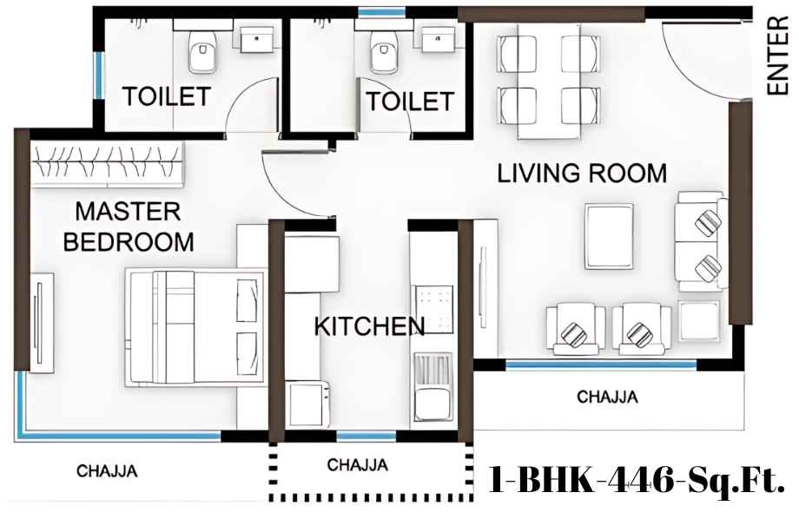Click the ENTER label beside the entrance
[x=778, y=56]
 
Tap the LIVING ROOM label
[x=582, y=173]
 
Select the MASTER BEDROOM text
[x=129, y=227]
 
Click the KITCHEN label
[x=369, y=325]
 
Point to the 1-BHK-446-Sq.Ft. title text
[x=637, y=480]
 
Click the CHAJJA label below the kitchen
[x=358, y=465]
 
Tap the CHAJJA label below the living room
[x=607, y=397]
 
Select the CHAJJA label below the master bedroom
[x=107, y=471]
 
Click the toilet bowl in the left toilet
[x=201, y=51]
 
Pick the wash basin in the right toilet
[x=439, y=39]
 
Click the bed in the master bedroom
[x=196, y=327]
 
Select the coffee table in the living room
[x=610, y=236]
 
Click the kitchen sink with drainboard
[x=433, y=386]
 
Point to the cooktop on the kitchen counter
[x=434, y=309]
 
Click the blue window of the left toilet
[x=99, y=76]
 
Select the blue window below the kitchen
[x=366, y=437]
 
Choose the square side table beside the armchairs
[x=699, y=321]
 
